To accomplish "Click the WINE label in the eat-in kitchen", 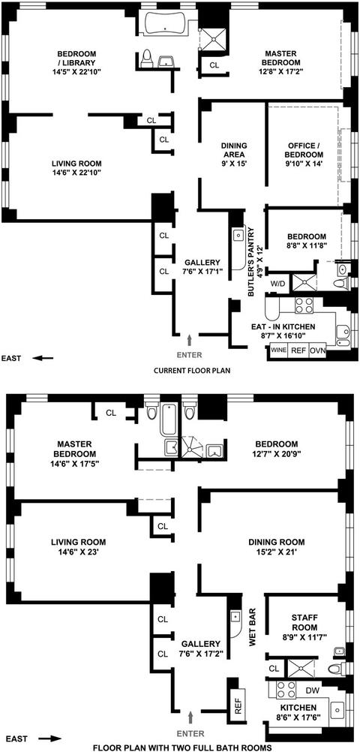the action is coord(278,350).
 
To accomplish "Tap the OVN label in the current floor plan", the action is coord(317,350).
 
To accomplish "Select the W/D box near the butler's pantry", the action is coord(277,284).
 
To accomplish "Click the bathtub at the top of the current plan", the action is coord(166,23).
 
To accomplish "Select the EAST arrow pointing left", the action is coord(43,358).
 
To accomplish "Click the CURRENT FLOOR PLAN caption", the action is coord(188,371).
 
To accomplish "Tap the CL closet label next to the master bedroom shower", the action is coord(214,65).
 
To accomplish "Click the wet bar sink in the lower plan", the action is coord(235,616).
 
